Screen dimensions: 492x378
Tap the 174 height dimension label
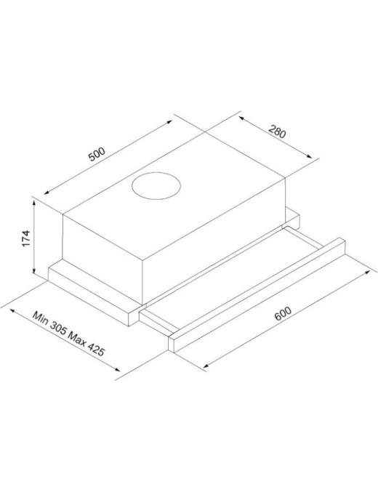pyautogui.click(x=26, y=239)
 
